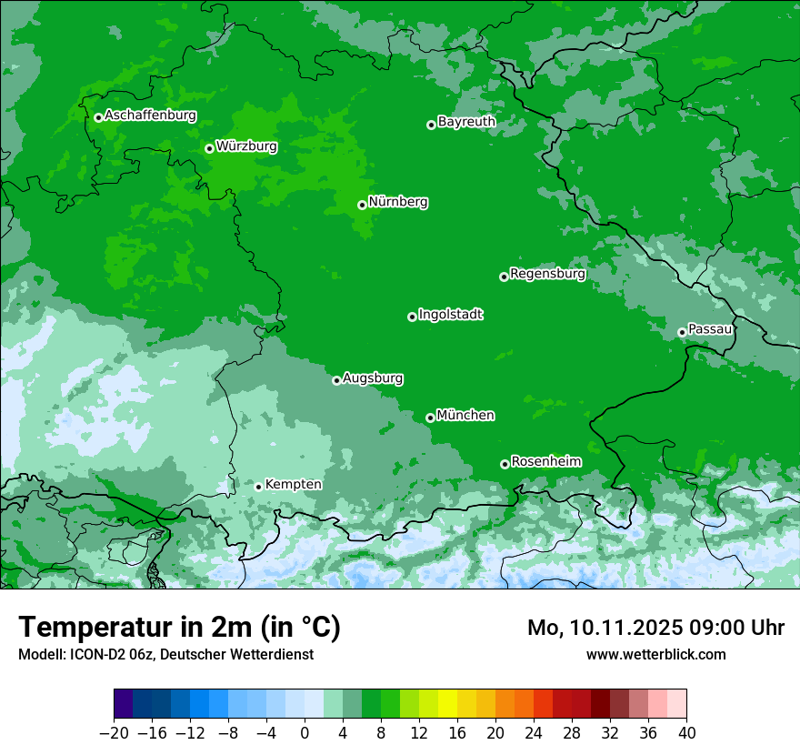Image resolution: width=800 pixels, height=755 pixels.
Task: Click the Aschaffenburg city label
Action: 150,116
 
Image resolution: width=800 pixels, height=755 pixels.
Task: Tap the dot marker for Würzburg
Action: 209,148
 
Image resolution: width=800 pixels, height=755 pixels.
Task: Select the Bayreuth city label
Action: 466,122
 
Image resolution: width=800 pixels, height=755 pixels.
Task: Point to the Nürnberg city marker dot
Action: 362,205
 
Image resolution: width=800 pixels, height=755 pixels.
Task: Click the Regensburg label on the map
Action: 547,274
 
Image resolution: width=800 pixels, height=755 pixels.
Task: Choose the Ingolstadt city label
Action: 450,315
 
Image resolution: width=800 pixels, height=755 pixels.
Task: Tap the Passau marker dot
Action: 682,332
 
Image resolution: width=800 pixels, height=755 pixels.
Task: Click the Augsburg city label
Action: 373,378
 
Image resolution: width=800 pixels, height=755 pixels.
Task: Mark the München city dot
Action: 430,418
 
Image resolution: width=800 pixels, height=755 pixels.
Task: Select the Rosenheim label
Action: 545,462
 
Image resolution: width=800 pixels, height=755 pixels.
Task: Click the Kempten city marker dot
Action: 258,487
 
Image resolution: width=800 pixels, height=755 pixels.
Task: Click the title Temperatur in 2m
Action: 179,628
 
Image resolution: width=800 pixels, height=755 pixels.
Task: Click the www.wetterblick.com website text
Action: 655,654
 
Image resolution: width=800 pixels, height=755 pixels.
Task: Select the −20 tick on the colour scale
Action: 115,732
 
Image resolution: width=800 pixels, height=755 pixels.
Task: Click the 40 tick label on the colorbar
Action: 686,732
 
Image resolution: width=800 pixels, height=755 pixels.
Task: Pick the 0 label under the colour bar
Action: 305,732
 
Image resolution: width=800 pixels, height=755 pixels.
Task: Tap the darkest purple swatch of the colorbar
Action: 124,704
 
